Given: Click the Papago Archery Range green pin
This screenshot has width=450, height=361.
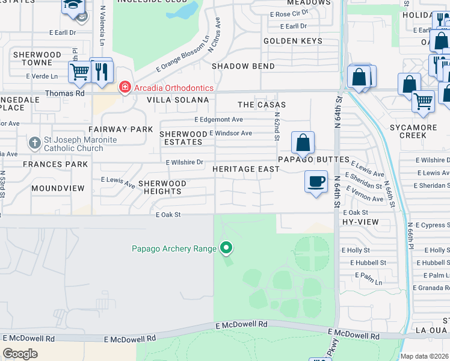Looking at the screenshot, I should click(x=226, y=247).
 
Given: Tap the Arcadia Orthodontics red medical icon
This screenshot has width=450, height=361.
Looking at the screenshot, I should click(x=125, y=88).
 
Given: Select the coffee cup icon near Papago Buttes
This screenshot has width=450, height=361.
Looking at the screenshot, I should click(x=316, y=181).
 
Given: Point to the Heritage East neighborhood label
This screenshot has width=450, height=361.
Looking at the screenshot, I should click(x=245, y=169).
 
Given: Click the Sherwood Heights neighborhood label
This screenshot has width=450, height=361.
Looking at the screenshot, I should click(x=162, y=187).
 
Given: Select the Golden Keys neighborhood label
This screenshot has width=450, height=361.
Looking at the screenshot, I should click(x=293, y=41).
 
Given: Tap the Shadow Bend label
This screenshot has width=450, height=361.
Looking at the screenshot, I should click(x=243, y=66).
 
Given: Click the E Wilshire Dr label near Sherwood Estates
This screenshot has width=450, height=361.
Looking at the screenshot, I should click(x=185, y=162).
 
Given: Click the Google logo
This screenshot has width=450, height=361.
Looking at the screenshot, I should click(x=20, y=354).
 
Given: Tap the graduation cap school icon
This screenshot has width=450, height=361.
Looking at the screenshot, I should click(x=74, y=5).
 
